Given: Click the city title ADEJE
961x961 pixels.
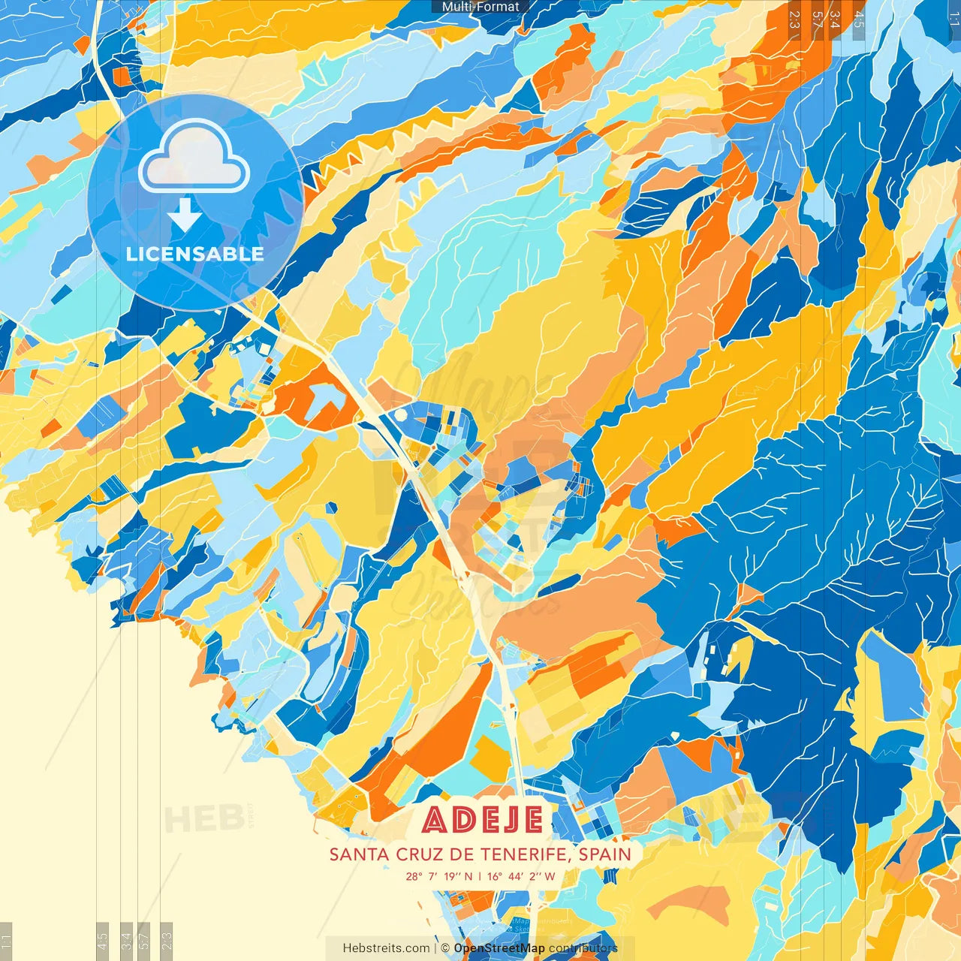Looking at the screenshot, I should (482, 820).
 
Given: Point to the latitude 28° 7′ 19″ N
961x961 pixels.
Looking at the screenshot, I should (439, 876).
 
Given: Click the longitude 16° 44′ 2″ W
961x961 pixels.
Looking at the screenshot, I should (521, 876).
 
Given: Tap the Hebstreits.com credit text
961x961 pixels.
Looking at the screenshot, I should (386, 948).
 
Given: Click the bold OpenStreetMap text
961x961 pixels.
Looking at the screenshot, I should (499, 948).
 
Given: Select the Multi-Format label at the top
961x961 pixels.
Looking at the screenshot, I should (480, 7).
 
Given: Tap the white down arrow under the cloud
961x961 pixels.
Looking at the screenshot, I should (185, 215).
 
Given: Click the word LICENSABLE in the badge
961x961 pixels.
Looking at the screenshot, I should (195, 254).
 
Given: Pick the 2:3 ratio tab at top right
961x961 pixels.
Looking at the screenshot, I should (794, 20).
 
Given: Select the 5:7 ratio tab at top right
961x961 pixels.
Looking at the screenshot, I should (817, 20).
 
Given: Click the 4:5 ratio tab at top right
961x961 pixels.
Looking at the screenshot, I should (859, 20).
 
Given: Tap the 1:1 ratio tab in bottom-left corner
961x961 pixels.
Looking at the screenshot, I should (6, 941).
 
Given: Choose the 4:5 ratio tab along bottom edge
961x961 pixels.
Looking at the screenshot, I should (102, 941).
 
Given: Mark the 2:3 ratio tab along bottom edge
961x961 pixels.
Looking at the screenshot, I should (167, 941).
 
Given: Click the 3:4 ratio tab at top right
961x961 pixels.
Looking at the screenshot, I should (836, 20).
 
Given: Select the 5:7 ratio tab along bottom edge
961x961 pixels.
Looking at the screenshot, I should (144, 941).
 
